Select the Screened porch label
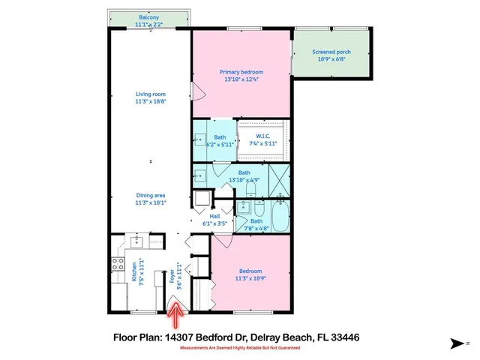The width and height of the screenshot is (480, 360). (331, 52)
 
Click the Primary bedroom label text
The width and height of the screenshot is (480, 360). (241, 72)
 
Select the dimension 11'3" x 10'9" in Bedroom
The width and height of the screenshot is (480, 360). (249, 278)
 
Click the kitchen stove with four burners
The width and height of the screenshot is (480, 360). (118, 263)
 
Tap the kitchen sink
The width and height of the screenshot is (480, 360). (136, 241)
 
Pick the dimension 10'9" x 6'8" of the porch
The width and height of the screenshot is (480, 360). (331, 59)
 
